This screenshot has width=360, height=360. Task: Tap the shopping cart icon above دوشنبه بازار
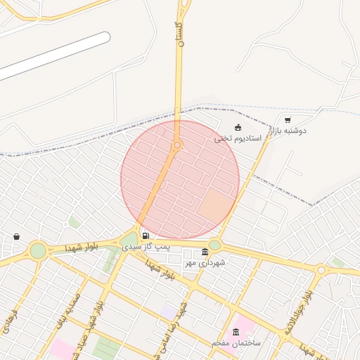(x=288, y=120)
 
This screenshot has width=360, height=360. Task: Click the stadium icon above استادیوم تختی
(x=238, y=128)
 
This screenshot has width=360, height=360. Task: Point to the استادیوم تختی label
(x=238, y=139)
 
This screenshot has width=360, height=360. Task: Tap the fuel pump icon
(x=146, y=236)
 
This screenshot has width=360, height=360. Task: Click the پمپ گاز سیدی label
(x=146, y=247)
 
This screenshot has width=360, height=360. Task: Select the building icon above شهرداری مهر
(x=205, y=252)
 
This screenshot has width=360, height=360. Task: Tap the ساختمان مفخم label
(x=236, y=342)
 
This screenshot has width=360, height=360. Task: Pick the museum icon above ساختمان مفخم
(x=235, y=332)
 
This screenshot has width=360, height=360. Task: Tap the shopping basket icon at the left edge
(x=16, y=237)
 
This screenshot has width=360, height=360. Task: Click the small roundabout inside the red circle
(x=178, y=146)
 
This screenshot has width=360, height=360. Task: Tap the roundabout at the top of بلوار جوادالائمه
(x=321, y=269)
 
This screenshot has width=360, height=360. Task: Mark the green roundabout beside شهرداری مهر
(x=214, y=245)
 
